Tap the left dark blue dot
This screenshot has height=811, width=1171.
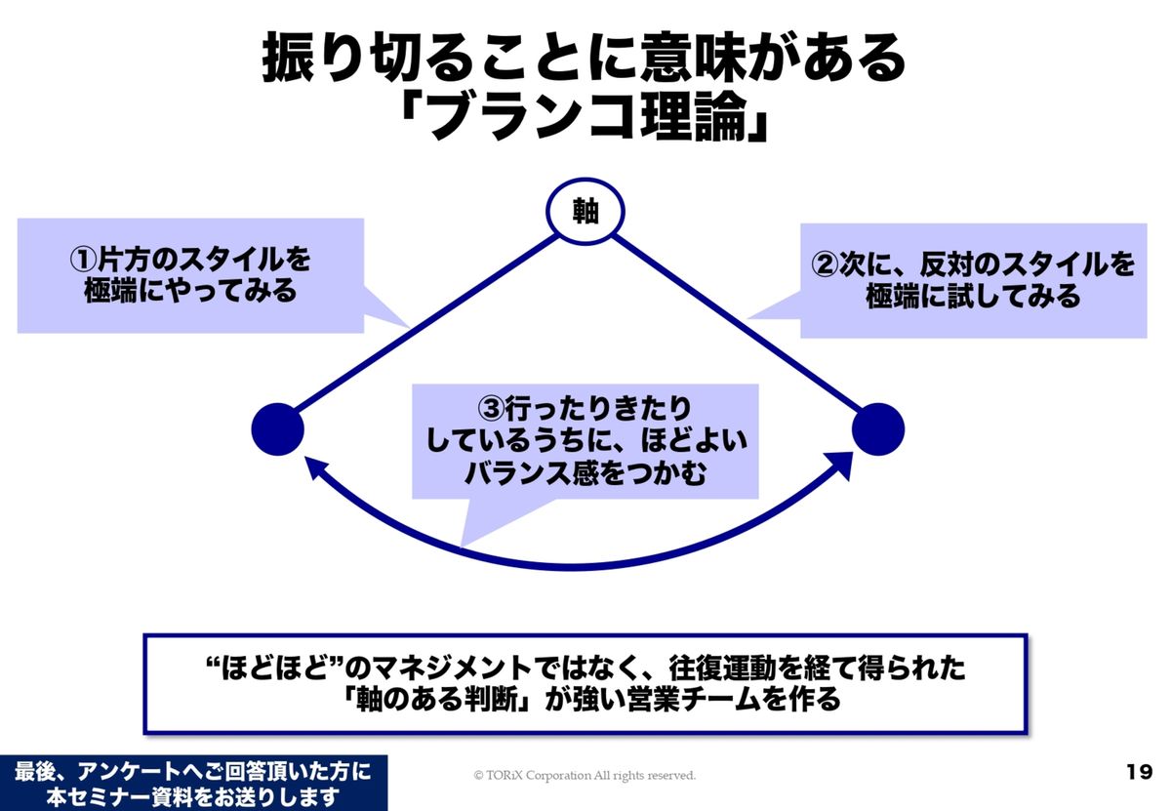click(x=278, y=428)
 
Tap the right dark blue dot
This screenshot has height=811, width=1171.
click(x=878, y=428)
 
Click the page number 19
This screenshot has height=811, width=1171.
click(x=1139, y=773)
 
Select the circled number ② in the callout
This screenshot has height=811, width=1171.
click(x=827, y=264)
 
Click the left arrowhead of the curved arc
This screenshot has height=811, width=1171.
click(x=314, y=467)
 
